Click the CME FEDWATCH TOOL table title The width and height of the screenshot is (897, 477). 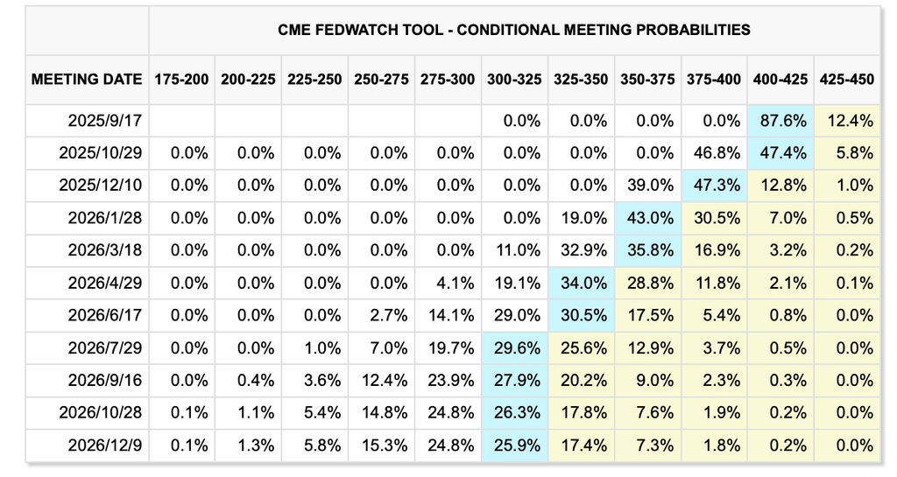pyautogui.click(x=513, y=30)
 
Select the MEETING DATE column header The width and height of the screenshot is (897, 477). pyautogui.click(x=87, y=80)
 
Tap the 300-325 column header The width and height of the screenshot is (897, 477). pyautogui.click(x=514, y=80)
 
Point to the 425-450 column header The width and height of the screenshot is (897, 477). pyautogui.click(x=847, y=80)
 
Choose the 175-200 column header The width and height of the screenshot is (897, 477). pyautogui.click(x=181, y=80)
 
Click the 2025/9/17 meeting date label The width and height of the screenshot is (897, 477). pyautogui.click(x=105, y=121)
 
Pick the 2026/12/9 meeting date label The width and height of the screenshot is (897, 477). pyautogui.click(x=105, y=445)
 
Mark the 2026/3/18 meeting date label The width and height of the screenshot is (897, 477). pyautogui.click(x=105, y=250)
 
